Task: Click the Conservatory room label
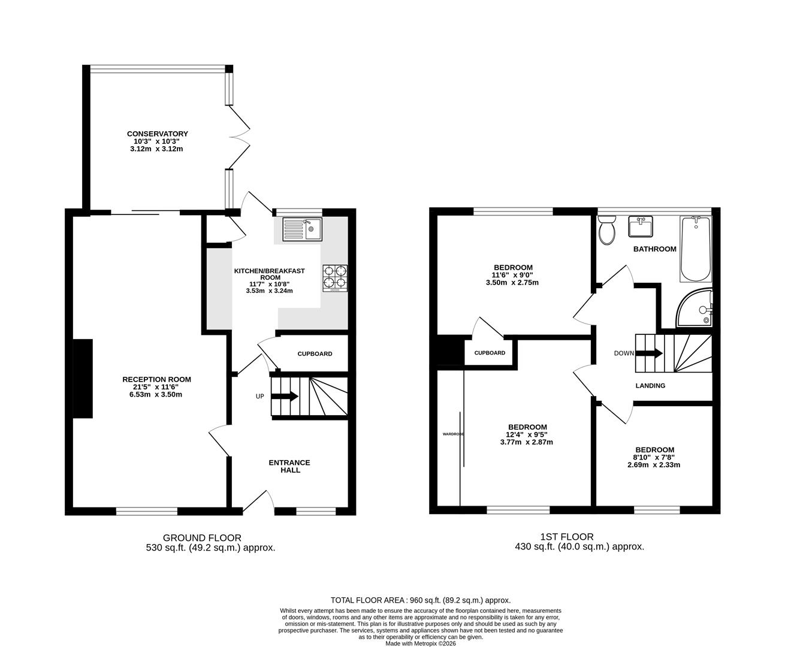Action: pos(157,134)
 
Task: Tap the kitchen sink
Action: pos(302,229)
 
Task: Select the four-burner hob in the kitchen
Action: pos(335,278)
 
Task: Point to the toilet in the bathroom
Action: pos(607,230)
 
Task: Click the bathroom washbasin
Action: pos(641,226)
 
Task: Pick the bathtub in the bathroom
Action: pos(696,249)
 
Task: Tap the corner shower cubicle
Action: pos(694,307)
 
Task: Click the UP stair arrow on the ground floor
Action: pos(285,396)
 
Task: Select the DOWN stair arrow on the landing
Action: pos(649,353)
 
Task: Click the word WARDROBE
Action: pos(453,434)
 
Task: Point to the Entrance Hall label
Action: pos(289,466)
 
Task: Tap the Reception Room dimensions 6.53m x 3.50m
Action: pos(156,394)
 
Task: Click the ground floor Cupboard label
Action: pos(315,354)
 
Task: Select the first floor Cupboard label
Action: pos(490,353)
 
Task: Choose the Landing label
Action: pos(650,386)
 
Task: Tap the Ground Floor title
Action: pos(202,538)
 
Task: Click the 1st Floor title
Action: pos(566,537)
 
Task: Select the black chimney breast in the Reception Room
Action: pos(83,379)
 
